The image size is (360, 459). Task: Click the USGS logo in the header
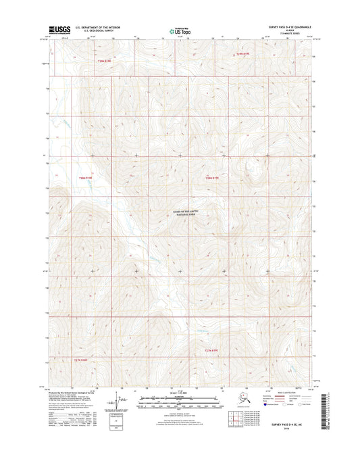58,30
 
